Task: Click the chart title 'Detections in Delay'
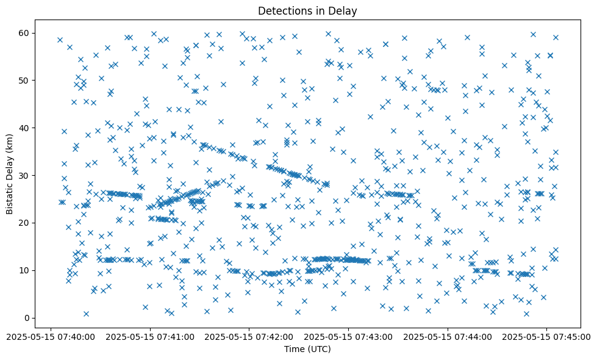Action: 307,11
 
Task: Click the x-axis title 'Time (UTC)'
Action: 307,349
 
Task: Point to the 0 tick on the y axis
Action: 27,318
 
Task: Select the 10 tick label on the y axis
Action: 24,270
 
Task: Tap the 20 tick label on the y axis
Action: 24,223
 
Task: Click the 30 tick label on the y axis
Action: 24,175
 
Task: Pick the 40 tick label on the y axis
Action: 24,128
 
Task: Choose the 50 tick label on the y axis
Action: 24,80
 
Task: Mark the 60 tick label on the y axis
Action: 24,33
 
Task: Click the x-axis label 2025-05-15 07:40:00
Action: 51,336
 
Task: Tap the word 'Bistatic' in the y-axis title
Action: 10,195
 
